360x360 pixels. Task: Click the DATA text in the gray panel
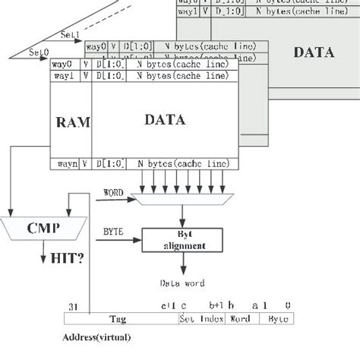313,52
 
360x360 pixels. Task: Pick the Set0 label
38,52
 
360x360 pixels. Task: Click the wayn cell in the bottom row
65,163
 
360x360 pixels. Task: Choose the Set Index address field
201,320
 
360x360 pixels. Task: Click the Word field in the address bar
239,320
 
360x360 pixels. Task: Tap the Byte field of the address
279,320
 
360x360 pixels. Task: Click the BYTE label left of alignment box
113,228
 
